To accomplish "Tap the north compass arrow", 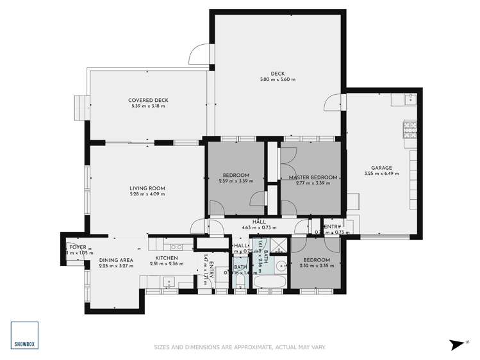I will (x=458, y=344).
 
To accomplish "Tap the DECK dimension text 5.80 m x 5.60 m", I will (x=277, y=79).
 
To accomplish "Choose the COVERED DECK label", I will (x=148, y=100).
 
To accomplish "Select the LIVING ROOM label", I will (x=147, y=188).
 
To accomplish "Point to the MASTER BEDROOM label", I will (x=312, y=177).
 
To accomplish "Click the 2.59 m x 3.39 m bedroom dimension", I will (x=236, y=182).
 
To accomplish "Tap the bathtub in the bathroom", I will (x=266, y=281).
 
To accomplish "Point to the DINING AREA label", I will (x=116, y=260).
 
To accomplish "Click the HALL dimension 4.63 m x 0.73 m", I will (x=259, y=227).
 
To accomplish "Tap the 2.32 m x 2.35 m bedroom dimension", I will (x=317, y=266).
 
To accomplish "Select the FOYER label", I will (x=78, y=247).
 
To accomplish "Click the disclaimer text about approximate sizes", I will (x=240, y=348).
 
